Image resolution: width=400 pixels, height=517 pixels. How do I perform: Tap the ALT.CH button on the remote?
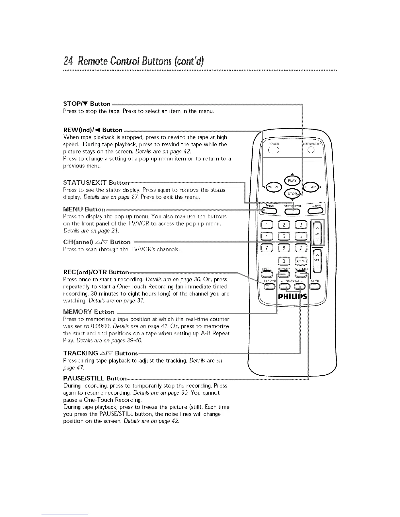pyautogui.click(x=301, y=261)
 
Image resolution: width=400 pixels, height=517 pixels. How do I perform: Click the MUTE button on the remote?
pyautogui.click(x=315, y=287)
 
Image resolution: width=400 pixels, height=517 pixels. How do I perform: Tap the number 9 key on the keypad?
pyautogui.click(x=301, y=249)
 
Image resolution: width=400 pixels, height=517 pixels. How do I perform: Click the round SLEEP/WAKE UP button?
pyautogui.click(x=311, y=150)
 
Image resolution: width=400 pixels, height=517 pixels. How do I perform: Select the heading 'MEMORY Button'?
pyautogui.click(x=89, y=312)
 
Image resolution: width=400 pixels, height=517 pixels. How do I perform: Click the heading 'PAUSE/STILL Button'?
pyautogui.click(x=94, y=378)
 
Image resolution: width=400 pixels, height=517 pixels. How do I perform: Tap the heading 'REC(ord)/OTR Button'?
pyautogui.click(x=96, y=272)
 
